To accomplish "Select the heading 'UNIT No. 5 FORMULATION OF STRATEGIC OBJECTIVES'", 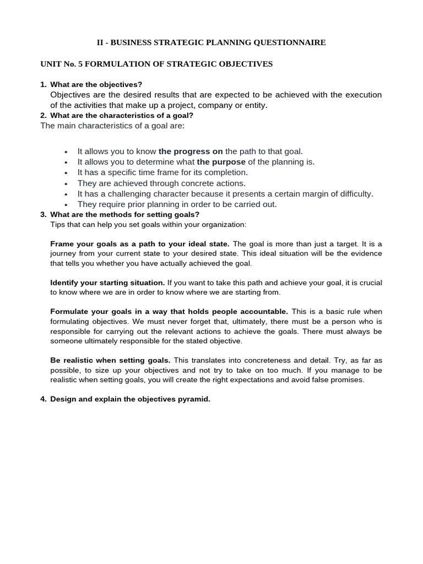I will [x=156, y=64].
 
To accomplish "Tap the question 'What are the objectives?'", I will [x=96, y=84].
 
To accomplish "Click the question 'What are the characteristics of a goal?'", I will [x=122, y=116].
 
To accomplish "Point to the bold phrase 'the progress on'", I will [x=191, y=151].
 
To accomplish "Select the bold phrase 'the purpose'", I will [x=221, y=161].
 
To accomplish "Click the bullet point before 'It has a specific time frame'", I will [x=66, y=172].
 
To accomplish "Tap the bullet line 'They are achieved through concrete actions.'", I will [x=161, y=183].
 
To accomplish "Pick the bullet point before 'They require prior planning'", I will [x=66, y=204].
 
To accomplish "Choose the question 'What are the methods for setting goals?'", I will [x=124, y=214].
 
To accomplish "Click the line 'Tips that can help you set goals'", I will [x=148, y=225].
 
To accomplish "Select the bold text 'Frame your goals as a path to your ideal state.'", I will [x=140, y=243].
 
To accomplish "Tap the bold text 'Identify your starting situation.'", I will [x=107, y=283].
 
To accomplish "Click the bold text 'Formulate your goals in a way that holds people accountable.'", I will [x=170, y=312].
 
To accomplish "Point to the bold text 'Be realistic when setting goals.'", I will [x=110, y=360].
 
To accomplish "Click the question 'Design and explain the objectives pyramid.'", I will [x=130, y=399].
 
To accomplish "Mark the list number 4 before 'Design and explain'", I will [x=43, y=399].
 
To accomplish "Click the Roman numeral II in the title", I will [x=101, y=42].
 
